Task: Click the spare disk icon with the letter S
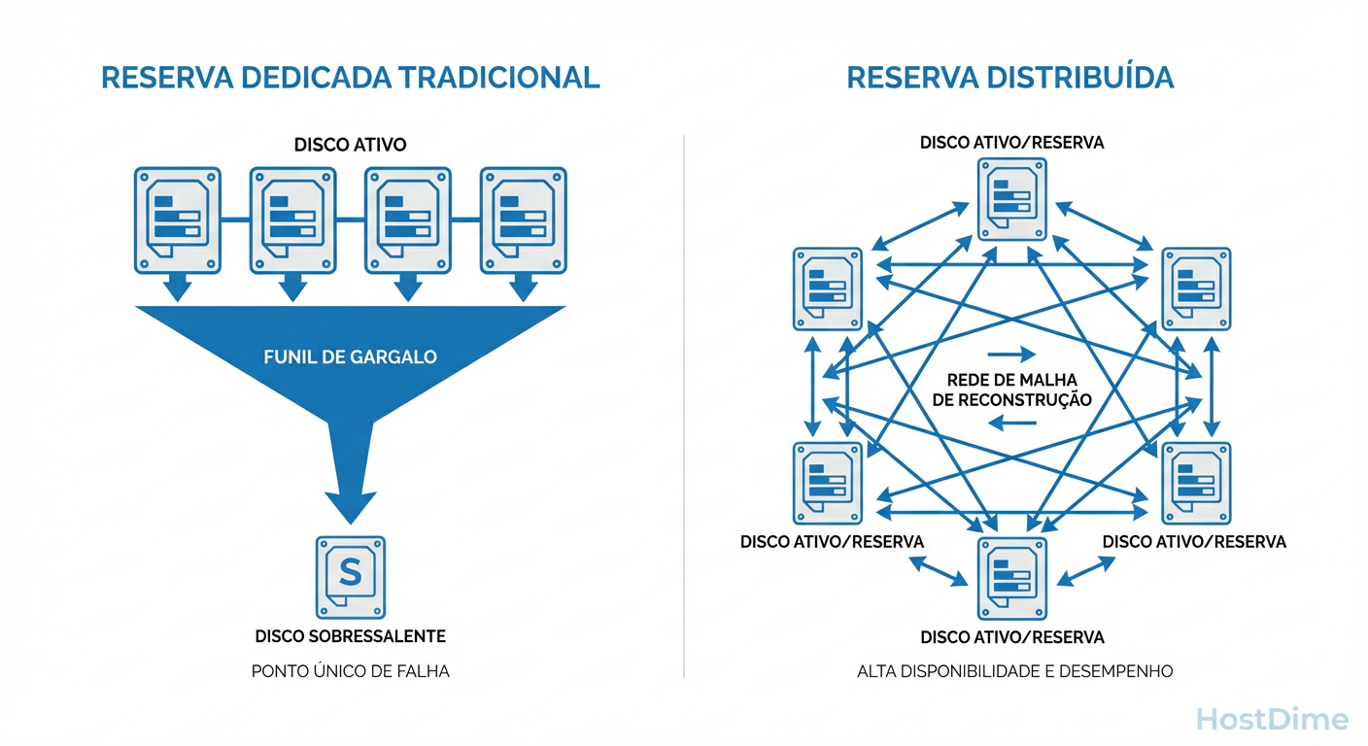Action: (350, 576)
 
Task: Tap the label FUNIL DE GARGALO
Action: (350, 356)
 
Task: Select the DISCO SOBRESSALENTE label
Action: (350, 636)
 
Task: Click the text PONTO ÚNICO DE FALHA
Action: (350, 670)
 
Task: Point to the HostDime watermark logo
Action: (1272, 720)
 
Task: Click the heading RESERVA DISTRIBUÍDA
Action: (1010, 78)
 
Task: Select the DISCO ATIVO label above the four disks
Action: (350, 145)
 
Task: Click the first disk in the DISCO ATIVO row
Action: (177, 220)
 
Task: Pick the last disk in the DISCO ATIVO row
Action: (524, 220)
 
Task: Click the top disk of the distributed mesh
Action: (1011, 199)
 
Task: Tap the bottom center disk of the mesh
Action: (1011, 578)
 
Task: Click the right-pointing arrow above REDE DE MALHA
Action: (1010, 355)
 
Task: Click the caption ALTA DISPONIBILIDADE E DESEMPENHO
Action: (1014, 670)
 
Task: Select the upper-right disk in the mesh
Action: (1196, 288)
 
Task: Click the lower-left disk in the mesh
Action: (828, 483)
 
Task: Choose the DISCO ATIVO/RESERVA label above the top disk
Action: (1011, 143)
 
